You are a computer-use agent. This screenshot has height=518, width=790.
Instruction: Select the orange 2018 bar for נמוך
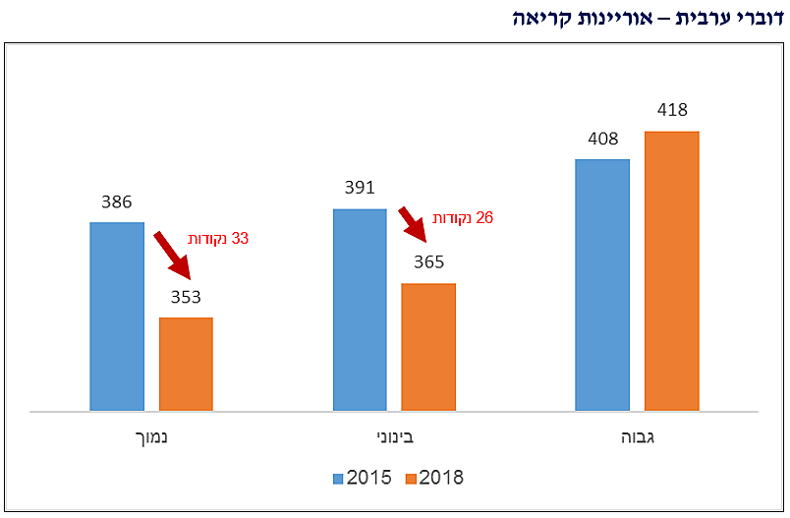186,364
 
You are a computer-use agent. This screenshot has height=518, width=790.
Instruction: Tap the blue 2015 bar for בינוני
360,310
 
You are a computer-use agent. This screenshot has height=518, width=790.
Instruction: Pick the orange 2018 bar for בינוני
428,347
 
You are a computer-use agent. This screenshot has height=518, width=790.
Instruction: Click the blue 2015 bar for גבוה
602,285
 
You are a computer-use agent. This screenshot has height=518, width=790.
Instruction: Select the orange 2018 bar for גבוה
671,270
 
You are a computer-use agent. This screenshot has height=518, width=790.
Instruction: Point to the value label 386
117,202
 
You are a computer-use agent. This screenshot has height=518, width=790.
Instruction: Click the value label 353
186,298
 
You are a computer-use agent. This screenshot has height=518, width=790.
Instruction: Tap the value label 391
360,189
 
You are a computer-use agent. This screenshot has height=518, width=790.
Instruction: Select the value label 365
428,262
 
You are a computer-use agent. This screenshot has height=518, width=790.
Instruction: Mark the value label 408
602,139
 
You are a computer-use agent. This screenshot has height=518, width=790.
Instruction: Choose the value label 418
671,110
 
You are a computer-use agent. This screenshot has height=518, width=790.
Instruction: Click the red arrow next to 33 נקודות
172,251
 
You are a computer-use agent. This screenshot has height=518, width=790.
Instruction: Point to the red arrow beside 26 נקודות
414,224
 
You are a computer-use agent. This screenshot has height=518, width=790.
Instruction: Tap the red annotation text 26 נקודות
463,217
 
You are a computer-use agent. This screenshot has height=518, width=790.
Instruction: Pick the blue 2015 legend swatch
337,478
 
